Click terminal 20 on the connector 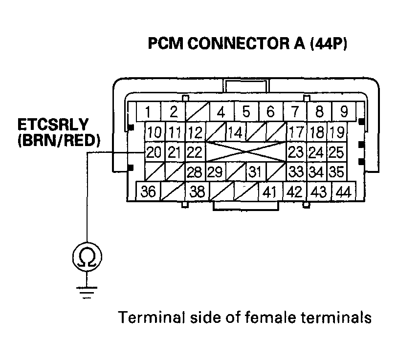(154, 152)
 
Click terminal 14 (235, 132)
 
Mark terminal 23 (295, 152)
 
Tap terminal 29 (215, 172)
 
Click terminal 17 (295, 132)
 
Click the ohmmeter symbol (87, 256)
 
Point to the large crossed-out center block (245, 152)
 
